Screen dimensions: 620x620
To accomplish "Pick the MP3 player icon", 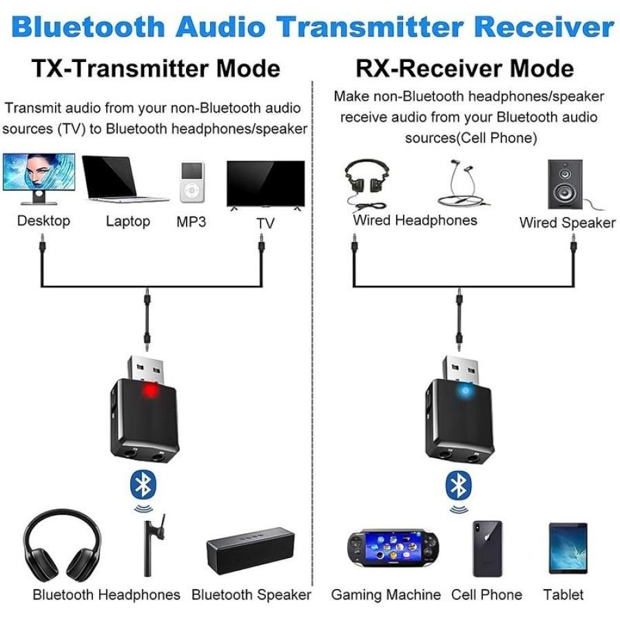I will [192, 182].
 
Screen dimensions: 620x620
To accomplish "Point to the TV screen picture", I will [265, 184].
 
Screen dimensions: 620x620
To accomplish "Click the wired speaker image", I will [564, 184].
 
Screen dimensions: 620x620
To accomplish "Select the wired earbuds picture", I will [459, 183].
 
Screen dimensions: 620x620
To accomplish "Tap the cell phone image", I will [487, 548].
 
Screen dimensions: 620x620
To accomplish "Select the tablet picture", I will [568, 548].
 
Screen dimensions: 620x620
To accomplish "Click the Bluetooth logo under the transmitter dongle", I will [143, 486].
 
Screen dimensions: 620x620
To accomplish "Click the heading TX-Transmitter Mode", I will [156, 70].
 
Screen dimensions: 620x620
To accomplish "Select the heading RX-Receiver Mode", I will [464, 70].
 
